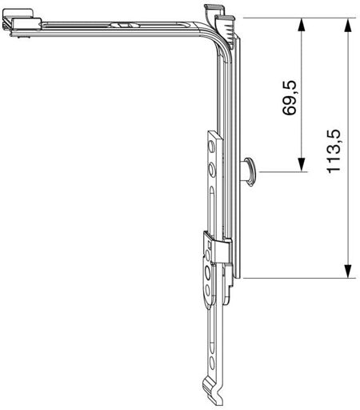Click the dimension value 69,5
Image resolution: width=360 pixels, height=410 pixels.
(289, 98)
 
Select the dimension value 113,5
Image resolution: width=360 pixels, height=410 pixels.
(334, 151)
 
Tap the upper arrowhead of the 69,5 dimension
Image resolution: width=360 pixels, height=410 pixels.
(302, 25)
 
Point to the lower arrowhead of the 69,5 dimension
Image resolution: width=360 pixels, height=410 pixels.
(302, 164)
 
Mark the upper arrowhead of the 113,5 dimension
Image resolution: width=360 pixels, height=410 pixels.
(347, 25)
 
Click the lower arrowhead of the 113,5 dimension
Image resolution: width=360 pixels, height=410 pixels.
(347, 271)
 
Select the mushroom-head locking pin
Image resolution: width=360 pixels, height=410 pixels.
(248, 172)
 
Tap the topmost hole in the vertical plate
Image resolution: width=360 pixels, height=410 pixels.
(211, 147)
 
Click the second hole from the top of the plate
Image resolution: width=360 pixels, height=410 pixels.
(211, 170)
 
